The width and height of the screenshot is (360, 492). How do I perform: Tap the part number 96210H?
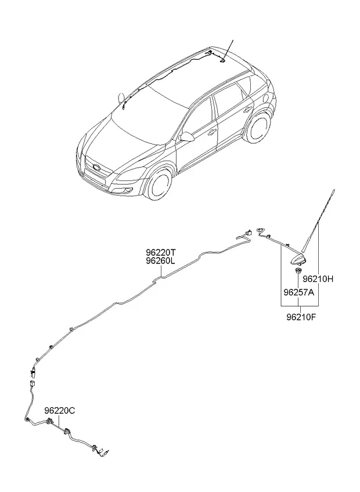click(x=318, y=278)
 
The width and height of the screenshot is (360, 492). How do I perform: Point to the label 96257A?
click(x=299, y=292)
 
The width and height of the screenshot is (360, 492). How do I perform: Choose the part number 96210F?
click(x=301, y=317)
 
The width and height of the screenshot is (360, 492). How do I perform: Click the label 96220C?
click(x=60, y=410)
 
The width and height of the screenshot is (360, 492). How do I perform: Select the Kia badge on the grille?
click(x=96, y=168)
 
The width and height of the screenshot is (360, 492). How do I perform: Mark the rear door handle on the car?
click(x=247, y=110)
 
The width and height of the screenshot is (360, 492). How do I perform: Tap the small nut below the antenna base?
click(x=298, y=271)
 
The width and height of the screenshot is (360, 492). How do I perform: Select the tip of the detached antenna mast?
click(x=334, y=190)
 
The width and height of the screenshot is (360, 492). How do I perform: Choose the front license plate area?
click(x=93, y=178)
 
